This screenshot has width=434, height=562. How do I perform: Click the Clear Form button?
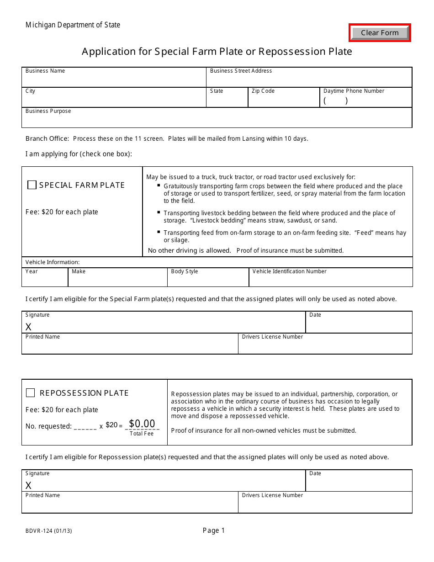(380, 33)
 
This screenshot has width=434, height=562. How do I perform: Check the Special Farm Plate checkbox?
(32, 185)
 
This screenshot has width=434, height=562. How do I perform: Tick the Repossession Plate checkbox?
(31, 393)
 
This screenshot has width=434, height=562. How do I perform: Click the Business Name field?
(114, 80)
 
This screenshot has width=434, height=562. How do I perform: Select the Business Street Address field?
(309, 80)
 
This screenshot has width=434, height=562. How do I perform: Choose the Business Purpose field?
(217, 120)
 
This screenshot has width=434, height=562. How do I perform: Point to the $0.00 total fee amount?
(142, 424)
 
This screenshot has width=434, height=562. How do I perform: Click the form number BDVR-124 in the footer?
(48, 531)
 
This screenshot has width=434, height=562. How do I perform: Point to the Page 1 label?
(214, 530)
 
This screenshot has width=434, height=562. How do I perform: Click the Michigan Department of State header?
(73, 25)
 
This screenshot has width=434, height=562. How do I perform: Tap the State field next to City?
(227, 100)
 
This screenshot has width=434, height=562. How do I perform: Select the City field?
(114, 100)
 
